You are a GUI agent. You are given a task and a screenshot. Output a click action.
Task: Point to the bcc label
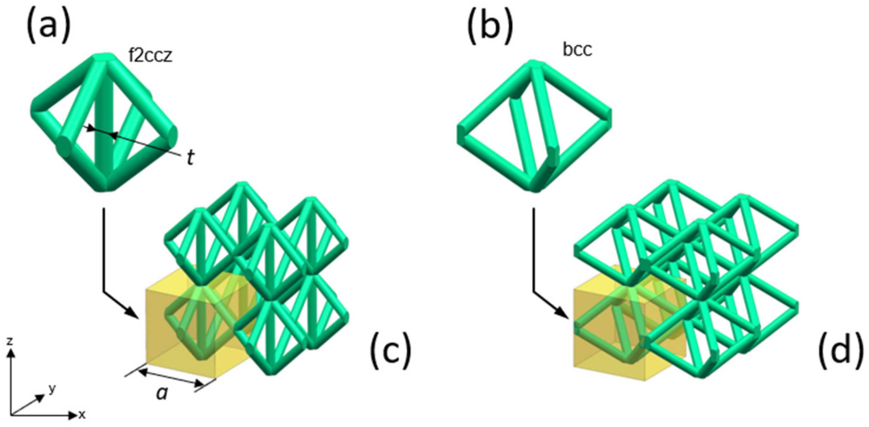coord(577,50)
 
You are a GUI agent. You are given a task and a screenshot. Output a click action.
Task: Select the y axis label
coord(52,389)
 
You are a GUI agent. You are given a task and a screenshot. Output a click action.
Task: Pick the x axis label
coord(82,415)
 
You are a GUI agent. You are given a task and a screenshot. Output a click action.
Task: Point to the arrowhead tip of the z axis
coord(11,350)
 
